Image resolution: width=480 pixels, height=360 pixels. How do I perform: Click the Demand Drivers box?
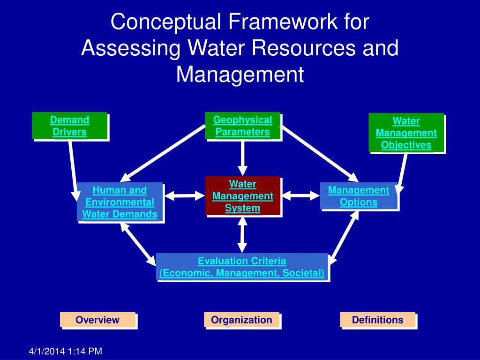(69, 126)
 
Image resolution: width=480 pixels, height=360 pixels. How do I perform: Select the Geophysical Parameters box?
(242, 126)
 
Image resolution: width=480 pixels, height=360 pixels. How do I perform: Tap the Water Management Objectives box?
(406, 133)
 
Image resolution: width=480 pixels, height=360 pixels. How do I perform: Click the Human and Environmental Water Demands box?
(120, 202)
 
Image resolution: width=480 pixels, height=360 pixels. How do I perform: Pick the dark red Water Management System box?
(242, 195)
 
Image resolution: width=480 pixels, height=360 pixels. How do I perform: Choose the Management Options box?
(359, 196)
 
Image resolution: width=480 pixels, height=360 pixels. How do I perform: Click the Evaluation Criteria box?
(242, 267)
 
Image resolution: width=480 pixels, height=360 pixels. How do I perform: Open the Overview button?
(97, 320)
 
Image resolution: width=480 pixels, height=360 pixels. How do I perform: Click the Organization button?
(241, 320)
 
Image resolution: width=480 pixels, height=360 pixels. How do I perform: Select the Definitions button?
(377, 320)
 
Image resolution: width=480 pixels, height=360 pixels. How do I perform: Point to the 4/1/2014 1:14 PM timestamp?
(65, 351)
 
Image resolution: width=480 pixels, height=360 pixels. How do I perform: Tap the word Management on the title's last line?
(240, 75)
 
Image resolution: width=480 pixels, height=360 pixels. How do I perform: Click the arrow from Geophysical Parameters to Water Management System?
(242, 157)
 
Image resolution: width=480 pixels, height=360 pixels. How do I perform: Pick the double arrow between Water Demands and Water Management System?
(184, 195)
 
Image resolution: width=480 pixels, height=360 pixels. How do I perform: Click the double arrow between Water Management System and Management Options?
(300, 195)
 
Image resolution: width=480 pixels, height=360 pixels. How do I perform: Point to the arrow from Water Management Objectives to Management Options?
(402, 171)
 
